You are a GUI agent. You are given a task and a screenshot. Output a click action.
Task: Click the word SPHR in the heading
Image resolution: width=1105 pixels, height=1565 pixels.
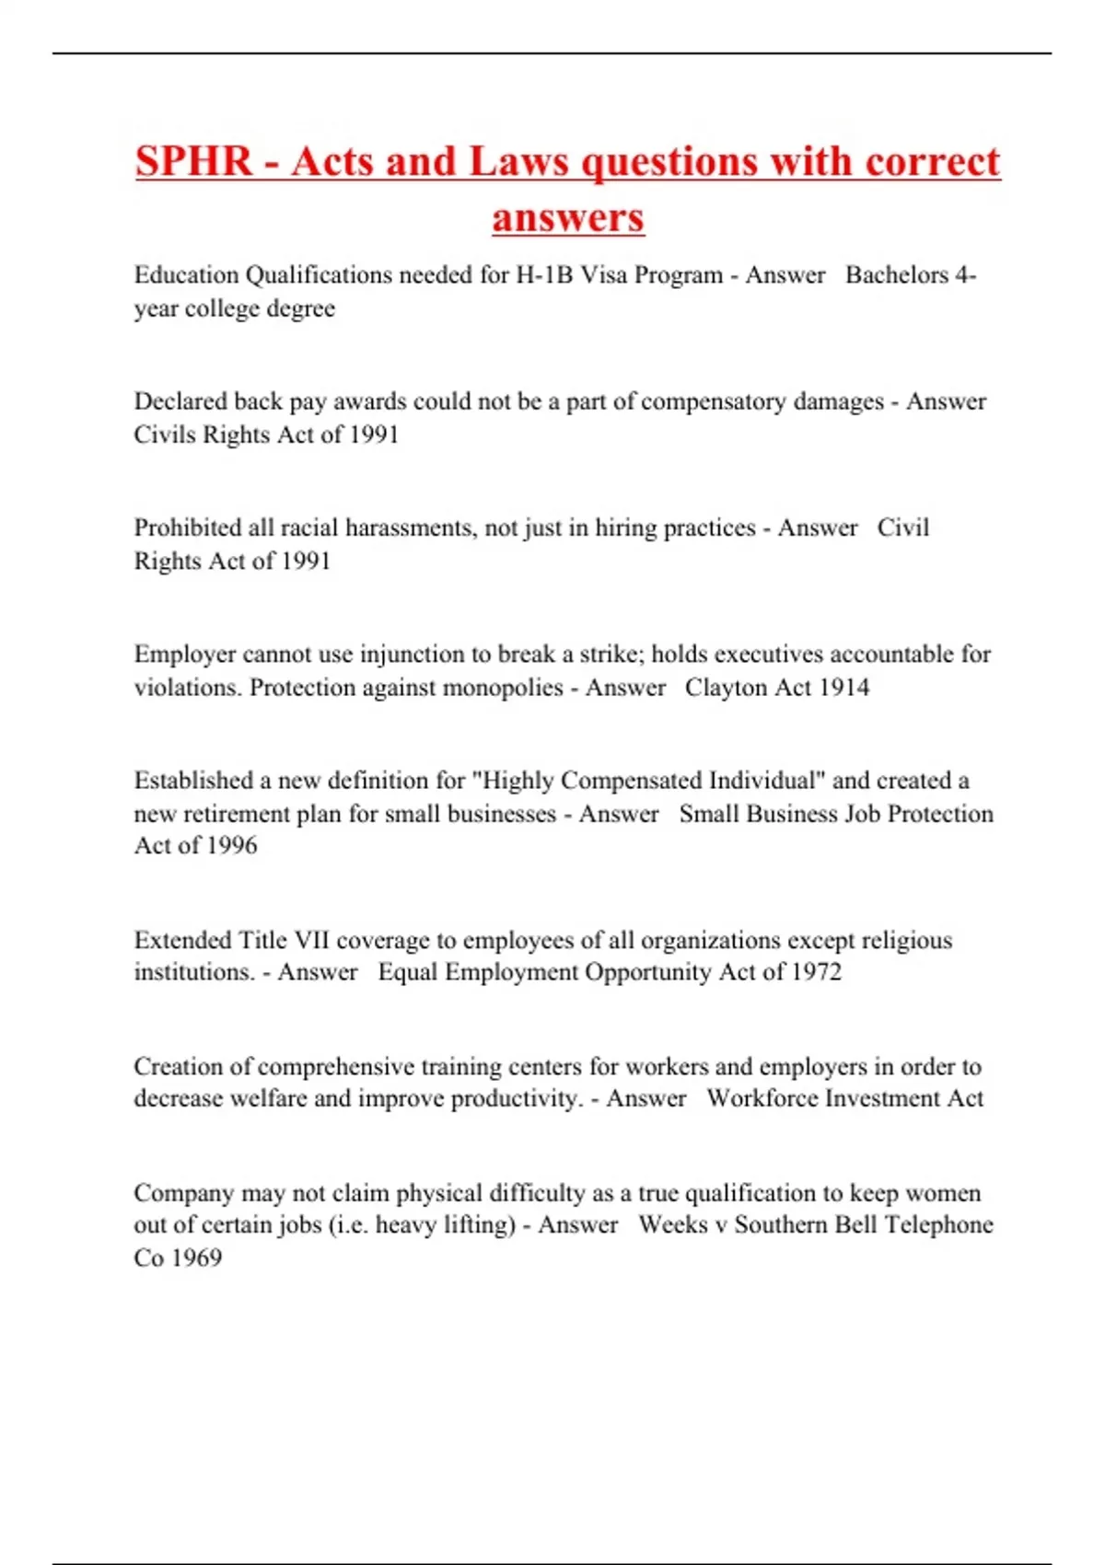coord(193,162)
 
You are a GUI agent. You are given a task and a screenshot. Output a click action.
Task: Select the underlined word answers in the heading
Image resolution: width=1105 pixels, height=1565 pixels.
coord(568,217)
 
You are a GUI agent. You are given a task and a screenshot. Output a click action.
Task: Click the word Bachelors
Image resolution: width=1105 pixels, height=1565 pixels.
coord(897,275)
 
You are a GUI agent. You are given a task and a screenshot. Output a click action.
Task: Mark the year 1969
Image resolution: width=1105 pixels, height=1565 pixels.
coord(197,1258)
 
